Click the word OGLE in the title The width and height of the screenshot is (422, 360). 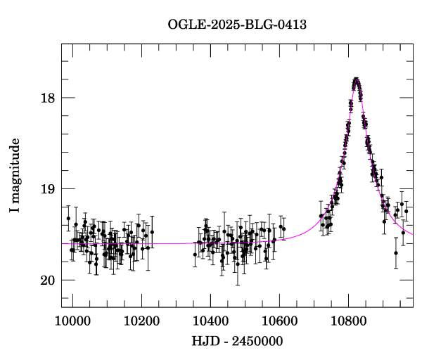coord(183,25)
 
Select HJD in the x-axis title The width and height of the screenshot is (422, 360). coord(204,341)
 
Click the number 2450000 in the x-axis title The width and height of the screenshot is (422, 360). coord(258,341)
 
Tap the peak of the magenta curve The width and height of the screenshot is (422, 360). coord(357,79)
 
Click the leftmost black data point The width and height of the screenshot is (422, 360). coord(68,219)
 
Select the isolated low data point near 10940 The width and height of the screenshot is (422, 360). coord(396,253)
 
